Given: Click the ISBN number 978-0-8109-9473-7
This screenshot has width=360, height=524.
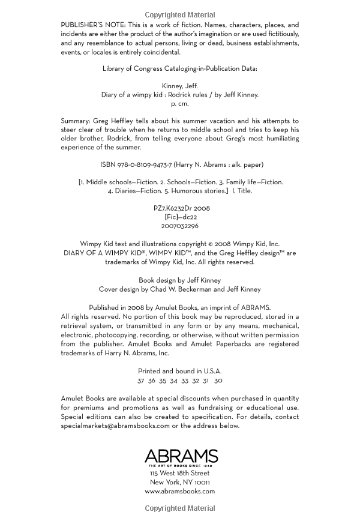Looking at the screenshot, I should click(x=136, y=164).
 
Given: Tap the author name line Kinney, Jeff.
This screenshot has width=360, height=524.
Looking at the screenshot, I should click(x=180, y=86).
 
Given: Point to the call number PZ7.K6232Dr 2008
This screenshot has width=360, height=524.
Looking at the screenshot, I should click(x=182, y=208).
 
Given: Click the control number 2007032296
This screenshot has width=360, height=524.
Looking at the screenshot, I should click(x=180, y=226).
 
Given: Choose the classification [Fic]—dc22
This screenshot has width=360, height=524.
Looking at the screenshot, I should click(x=181, y=217).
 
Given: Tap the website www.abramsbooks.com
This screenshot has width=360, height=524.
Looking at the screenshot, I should click(x=180, y=491).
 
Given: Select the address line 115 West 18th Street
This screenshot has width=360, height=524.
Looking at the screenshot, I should click(x=180, y=473).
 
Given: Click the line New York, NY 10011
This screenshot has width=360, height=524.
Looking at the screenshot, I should click(x=180, y=482).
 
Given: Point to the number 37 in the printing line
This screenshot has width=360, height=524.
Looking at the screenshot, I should click(x=140, y=381).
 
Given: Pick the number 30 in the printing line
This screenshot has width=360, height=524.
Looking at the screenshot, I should click(x=218, y=381).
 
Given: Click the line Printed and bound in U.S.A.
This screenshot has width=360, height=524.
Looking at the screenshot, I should click(x=180, y=372).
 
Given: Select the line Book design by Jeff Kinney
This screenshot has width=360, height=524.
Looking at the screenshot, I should click(x=180, y=280).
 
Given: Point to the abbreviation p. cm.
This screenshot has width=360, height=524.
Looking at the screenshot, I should click(x=180, y=103).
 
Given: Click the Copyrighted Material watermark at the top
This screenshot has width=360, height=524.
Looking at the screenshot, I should click(x=180, y=14).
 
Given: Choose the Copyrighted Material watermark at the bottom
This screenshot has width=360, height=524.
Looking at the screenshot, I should click(x=180, y=509).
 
